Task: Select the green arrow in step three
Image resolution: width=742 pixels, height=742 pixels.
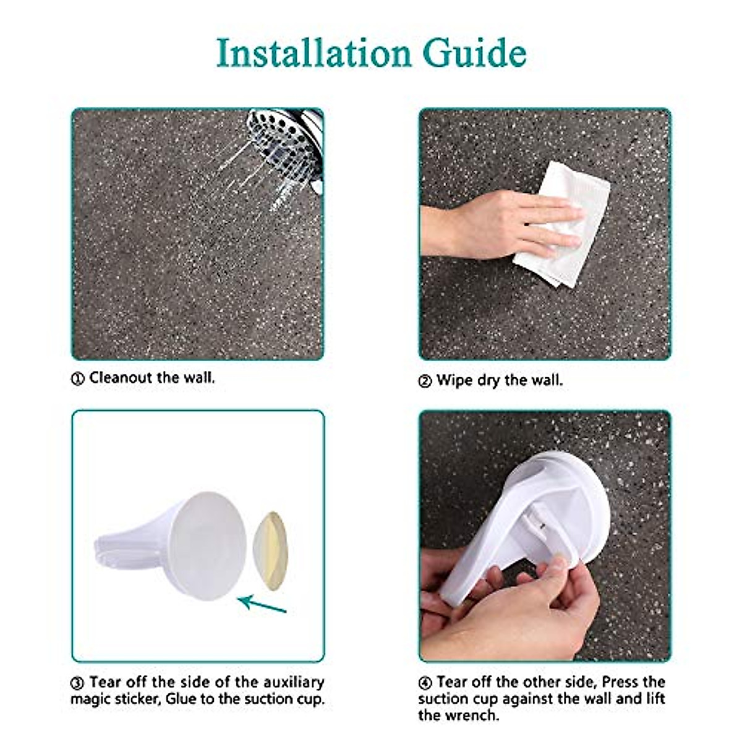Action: pyautogui.click(x=263, y=603)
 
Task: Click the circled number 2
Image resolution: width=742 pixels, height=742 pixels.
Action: pyautogui.click(x=425, y=382)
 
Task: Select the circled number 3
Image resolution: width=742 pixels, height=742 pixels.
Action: pyautogui.click(x=78, y=684)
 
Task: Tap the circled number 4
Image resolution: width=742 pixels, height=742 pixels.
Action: pyautogui.click(x=425, y=684)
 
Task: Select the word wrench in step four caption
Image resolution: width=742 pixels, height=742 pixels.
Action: pyautogui.click(x=458, y=715)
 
